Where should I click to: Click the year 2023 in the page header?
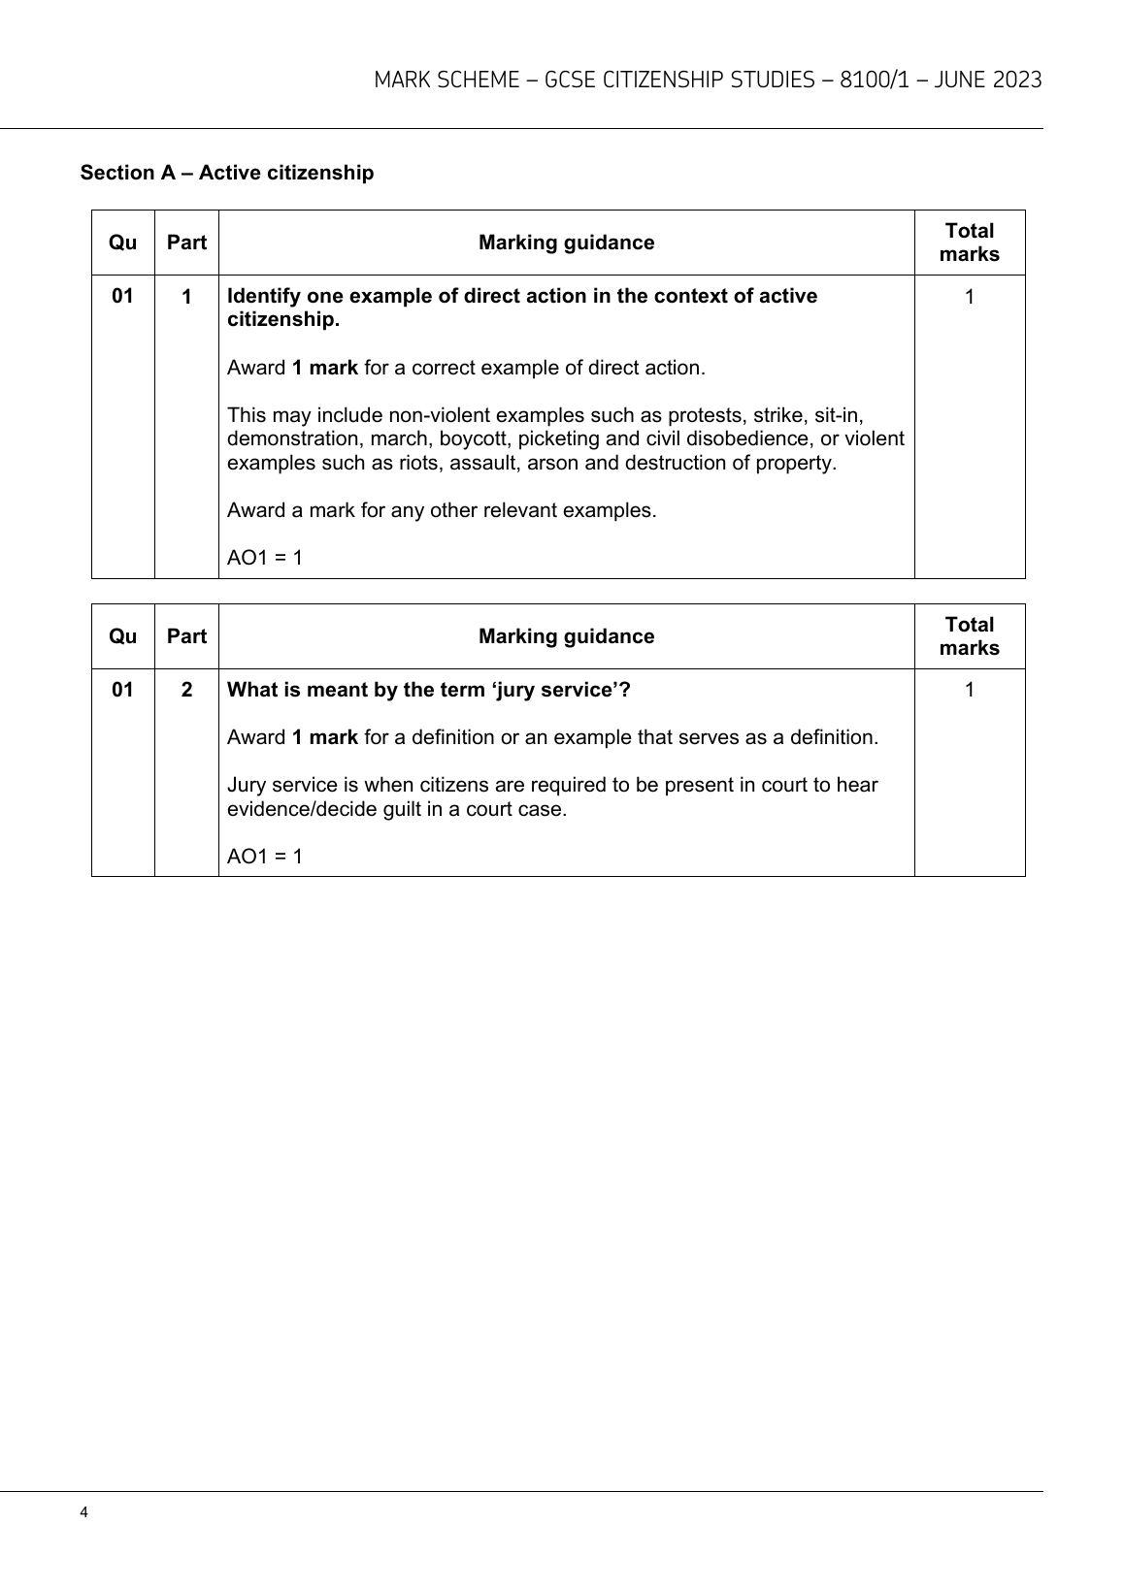(x=1016, y=81)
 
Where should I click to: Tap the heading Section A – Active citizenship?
(x=226, y=173)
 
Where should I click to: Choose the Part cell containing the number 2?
(x=186, y=690)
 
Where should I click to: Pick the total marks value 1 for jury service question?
(x=969, y=690)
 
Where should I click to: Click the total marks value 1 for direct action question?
(x=969, y=296)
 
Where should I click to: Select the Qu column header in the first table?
(x=123, y=243)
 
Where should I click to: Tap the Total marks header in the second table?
(x=969, y=636)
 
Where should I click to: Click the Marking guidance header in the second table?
(x=566, y=636)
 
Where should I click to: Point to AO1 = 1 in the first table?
(x=265, y=558)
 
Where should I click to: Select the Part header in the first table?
(x=186, y=243)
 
